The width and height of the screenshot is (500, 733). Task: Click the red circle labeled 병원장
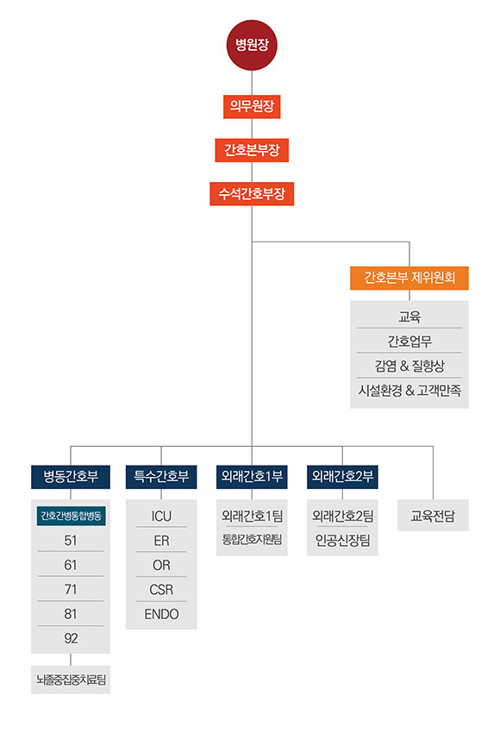click(x=252, y=45)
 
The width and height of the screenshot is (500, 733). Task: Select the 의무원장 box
click(x=252, y=107)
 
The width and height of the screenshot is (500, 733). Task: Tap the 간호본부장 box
click(x=252, y=150)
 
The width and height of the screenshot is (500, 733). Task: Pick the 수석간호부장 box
click(x=252, y=193)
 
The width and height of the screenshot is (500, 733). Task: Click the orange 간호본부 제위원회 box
click(x=409, y=278)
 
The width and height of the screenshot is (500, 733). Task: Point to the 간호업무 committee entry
click(x=409, y=341)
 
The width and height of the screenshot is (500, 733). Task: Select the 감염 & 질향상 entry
click(x=409, y=366)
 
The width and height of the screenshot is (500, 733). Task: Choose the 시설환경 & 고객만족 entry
click(x=409, y=390)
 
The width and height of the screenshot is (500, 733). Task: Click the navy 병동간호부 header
click(x=71, y=477)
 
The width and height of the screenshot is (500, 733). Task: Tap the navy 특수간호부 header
click(x=161, y=477)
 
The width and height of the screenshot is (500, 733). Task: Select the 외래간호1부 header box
click(x=252, y=477)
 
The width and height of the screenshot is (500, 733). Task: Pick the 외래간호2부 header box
click(x=342, y=477)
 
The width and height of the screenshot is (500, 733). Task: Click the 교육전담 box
click(x=433, y=516)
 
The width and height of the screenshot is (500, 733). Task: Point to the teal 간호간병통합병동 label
click(x=71, y=516)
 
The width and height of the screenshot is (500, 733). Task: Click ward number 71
click(x=71, y=589)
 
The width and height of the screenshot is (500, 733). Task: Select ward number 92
click(x=71, y=638)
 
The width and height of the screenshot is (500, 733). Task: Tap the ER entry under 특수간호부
click(x=161, y=541)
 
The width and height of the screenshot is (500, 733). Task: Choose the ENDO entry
click(x=161, y=614)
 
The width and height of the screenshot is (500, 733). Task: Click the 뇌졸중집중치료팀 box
click(x=71, y=680)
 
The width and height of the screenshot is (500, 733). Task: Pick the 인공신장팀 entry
click(x=342, y=541)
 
